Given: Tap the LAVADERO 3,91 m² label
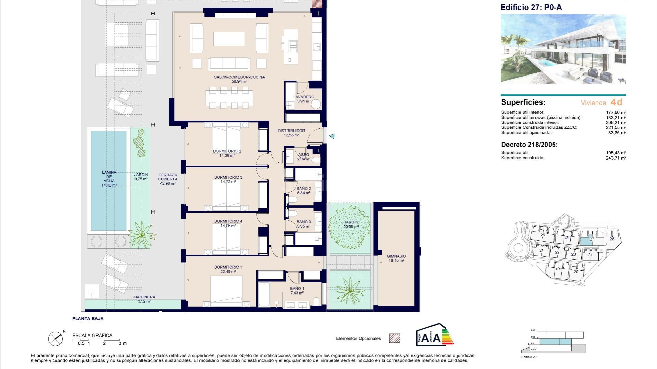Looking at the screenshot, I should tap(304, 99).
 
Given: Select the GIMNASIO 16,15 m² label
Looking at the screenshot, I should tap(396, 258).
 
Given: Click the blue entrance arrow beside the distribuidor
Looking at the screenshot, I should tap(332, 136).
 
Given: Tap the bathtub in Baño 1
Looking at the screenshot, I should tap(264, 294).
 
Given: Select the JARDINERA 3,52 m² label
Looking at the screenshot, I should tap(144, 299).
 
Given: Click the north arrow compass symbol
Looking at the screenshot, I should tap(55, 339).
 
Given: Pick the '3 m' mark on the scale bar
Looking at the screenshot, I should tap(122, 343).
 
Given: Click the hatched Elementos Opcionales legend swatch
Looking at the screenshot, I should tap(395, 338).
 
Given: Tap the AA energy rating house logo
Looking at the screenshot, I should tap(434, 334).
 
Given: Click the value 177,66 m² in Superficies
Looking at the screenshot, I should tap(616, 112).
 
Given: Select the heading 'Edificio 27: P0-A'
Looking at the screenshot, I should tap(531, 8).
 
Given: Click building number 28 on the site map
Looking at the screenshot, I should tap(612, 239).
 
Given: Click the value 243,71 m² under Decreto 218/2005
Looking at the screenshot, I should tap(616, 158).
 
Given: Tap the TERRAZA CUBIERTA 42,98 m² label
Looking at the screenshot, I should tap(168, 179).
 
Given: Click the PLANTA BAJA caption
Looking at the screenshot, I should tap(88, 319).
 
